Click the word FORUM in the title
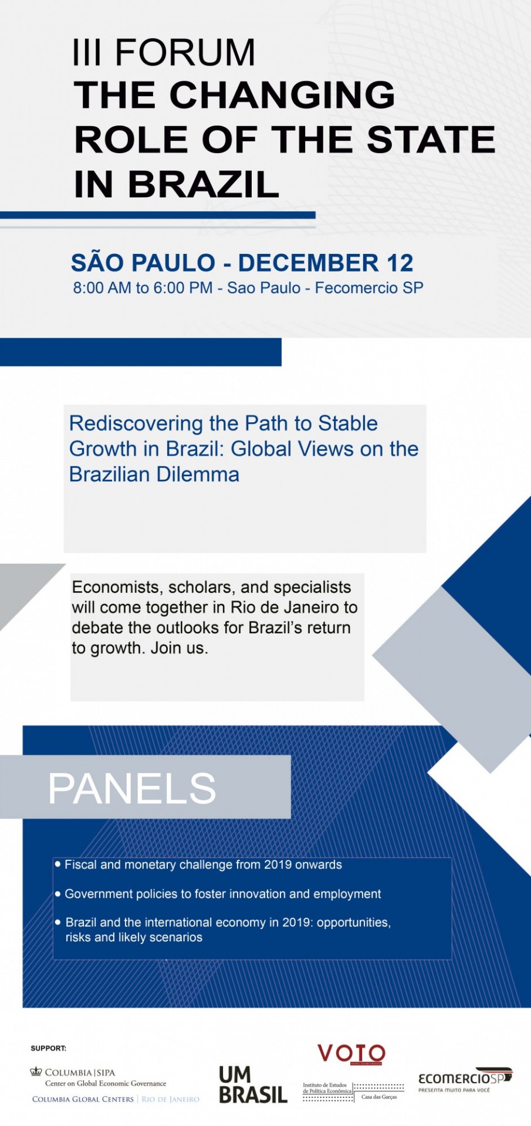point(185,52)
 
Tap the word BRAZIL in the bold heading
point(203,184)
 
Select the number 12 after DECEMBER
point(400,263)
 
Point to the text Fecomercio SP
point(369,288)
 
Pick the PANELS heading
point(132,788)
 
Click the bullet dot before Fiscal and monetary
point(58,864)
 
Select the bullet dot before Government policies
point(58,894)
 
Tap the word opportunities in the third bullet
point(353,922)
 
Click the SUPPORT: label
point(49,1048)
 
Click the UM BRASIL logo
point(253,1085)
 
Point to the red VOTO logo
point(351,1054)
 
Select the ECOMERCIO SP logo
point(465,1079)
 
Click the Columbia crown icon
point(36,1072)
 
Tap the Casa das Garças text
point(379,1097)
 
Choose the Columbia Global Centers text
point(83,1099)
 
